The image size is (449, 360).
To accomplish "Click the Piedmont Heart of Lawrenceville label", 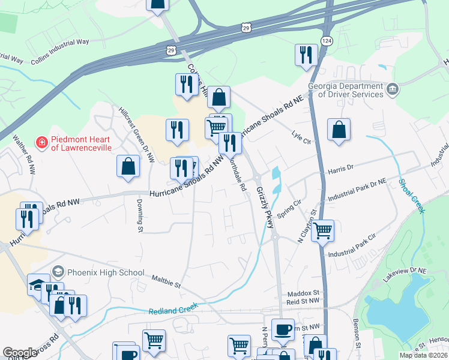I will tap(84, 142).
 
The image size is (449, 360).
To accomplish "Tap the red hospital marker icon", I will tap(42, 142).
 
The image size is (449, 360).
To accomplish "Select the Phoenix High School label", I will tap(106, 272).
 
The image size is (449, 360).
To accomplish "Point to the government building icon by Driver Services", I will tap(393, 89).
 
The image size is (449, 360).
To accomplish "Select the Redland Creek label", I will tap(173, 309).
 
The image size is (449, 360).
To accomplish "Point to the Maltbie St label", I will tap(166, 281).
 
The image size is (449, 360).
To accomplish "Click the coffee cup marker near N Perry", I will tap(283, 328).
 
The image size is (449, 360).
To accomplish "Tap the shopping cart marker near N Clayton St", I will tap(323, 229).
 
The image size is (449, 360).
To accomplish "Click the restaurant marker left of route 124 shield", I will tap(306, 54).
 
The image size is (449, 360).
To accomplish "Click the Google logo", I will tap(20, 353).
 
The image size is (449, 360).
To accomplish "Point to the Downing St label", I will tap(140, 215).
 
